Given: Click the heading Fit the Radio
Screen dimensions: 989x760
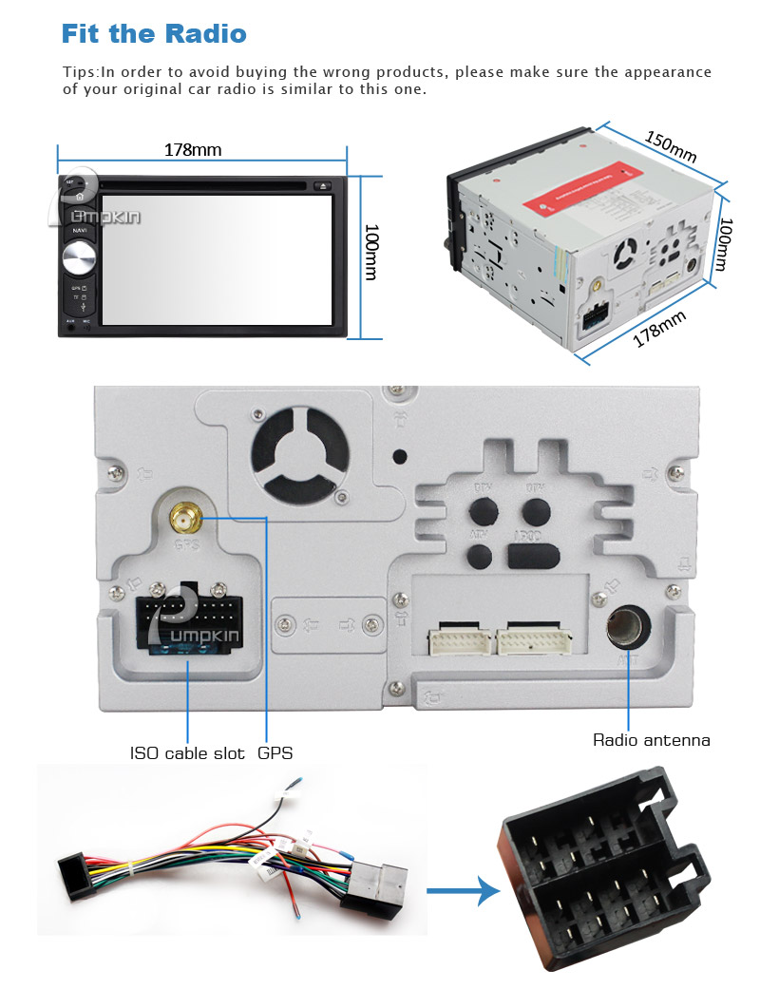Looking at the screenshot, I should pos(153,34).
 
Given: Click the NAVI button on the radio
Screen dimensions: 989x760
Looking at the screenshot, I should pos(79,230).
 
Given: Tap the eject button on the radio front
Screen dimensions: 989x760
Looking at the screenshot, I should pos(322,186).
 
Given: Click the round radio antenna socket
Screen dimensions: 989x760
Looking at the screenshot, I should pos(629,627).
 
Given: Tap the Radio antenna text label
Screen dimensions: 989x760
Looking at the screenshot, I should pos(651,740).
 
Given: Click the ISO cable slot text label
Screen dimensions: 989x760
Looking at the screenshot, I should pos(186,753).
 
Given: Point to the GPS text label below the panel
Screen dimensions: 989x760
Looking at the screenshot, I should pos(275,753).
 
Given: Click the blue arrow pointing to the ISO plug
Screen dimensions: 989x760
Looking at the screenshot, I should pos(463,891).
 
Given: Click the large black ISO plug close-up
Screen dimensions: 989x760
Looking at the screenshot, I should pos(608,873).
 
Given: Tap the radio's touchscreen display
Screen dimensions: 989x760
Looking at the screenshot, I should pos(216,258).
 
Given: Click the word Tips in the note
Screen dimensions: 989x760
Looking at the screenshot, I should pos(80,72).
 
